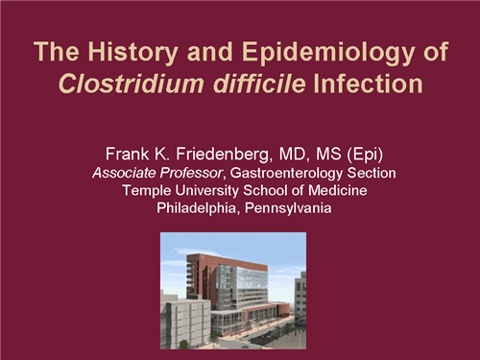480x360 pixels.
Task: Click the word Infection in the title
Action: click(369, 84)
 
